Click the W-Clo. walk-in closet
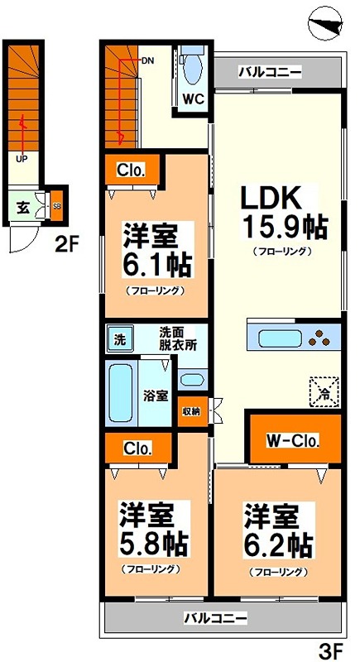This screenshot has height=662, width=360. point(291,440)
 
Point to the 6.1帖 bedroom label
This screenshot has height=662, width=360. point(156,252)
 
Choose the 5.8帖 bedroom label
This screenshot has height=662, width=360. point(153,529)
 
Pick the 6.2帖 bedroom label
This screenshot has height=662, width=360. point(277,529)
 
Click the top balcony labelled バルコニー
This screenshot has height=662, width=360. point(269,72)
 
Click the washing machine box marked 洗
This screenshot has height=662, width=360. point(119,338)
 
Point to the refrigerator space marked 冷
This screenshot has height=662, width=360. point(324,392)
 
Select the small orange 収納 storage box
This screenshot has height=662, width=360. point(189,410)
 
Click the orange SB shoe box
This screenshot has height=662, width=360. point(56,206)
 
